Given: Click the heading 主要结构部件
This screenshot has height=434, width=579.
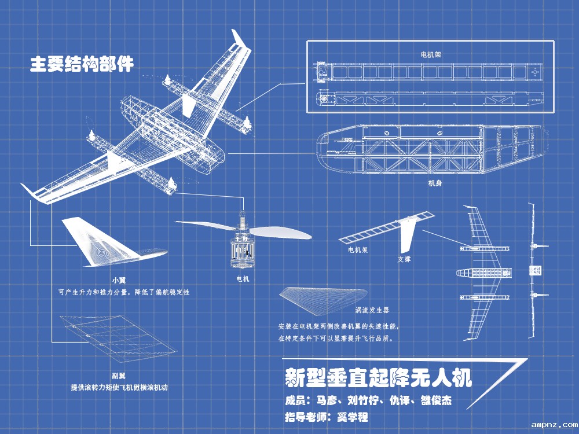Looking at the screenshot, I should pyautogui.click(x=82, y=64).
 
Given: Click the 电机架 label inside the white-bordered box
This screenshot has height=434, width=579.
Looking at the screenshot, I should pyautogui.click(x=430, y=54).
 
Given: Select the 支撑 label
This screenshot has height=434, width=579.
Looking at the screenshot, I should pyautogui.click(x=404, y=260).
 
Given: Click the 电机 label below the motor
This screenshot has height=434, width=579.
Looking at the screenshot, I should pyautogui.click(x=243, y=279).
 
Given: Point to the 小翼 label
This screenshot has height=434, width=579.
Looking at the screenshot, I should pyautogui.click(x=119, y=280).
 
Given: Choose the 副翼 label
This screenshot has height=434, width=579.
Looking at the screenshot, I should pyautogui.click(x=119, y=375).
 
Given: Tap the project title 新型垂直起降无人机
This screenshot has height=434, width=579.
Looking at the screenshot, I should pyautogui.click(x=379, y=378).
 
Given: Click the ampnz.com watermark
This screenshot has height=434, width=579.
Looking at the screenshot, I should pyautogui.click(x=554, y=424).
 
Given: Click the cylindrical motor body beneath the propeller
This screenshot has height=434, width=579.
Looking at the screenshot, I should pyautogui.click(x=243, y=252).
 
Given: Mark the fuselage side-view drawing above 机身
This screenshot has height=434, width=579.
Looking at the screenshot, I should pyautogui.click(x=431, y=152).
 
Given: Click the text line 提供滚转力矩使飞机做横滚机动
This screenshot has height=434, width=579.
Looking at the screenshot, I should pyautogui.click(x=119, y=387).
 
